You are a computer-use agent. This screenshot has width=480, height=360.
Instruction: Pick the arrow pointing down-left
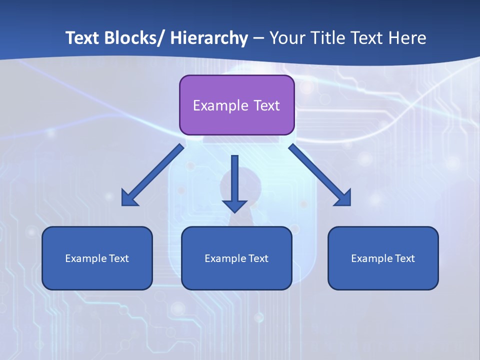(152, 175)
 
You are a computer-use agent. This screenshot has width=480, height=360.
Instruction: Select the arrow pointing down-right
(320, 175)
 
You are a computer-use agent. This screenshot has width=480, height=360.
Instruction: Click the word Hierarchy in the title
(209, 38)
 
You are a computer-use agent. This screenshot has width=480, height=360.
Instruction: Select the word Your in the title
(286, 38)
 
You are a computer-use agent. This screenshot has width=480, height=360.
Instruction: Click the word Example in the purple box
(220, 105)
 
